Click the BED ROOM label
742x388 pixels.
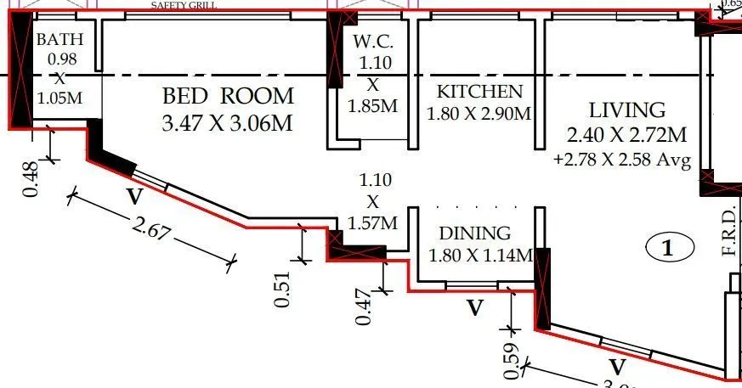tap(228, 95)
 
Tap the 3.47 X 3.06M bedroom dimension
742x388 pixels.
tap(228, 122)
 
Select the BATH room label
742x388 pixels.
tap(57, 39)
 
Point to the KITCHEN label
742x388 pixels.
tap(479, 92)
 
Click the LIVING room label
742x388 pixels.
tap(627, 110)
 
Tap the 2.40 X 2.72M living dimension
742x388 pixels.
tap(627, 134)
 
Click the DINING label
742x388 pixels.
tap(475, 233)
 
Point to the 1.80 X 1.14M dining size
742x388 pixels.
tap(480, 255)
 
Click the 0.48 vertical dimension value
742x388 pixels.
tap(31, 180)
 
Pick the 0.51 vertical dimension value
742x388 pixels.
tap(285, 288)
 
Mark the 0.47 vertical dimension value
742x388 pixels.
tap(364, 306)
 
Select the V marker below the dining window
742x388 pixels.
tap(475, 307)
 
